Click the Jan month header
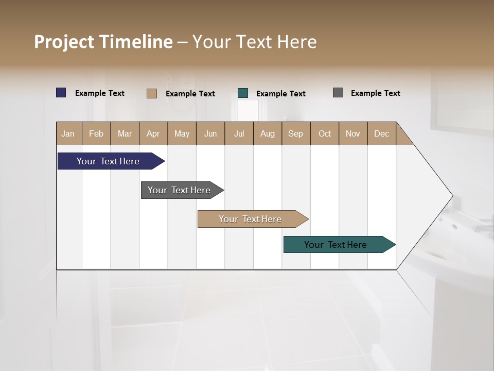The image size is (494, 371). click(68, 133)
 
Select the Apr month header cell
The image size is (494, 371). click(153, 133)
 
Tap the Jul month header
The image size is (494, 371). click(239, 133)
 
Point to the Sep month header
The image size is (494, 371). click(296, 133)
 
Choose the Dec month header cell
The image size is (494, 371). click(381, 133)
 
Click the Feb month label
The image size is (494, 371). click(96, 133)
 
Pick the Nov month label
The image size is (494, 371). click(353, 133)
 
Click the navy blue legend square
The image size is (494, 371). click(61, 93)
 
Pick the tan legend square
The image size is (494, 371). click(152, 93)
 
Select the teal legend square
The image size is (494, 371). click(243, 93)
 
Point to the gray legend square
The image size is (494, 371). click(338, 93)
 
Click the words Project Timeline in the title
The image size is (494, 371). click(103, 42)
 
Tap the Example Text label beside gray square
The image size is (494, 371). click(375, 93)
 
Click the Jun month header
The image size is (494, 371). click(210, 133)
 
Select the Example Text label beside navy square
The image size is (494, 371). click(100, 93)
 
